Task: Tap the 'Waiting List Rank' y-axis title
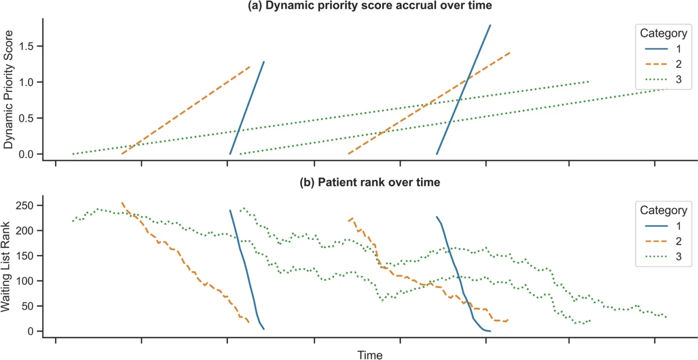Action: pos(8,266)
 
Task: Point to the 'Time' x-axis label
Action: pos(370,355)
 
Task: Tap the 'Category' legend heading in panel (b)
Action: pos(663,210)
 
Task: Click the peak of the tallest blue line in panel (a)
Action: pos(490,25)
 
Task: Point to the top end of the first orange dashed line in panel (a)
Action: pos(250,66)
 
